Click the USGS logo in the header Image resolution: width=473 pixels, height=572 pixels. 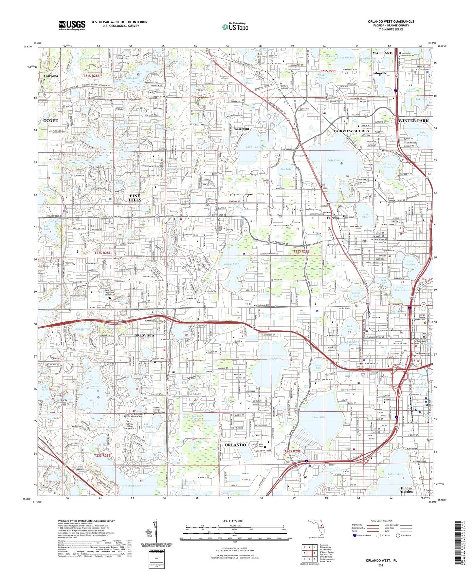point(72,25)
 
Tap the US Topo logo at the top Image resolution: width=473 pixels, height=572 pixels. point(235,27)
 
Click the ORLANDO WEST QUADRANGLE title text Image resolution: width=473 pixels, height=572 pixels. point(391,22)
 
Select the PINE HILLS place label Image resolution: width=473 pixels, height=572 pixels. point(135,198)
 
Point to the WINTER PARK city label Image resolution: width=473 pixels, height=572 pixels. point(413,121)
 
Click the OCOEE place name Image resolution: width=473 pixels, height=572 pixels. point(50,121)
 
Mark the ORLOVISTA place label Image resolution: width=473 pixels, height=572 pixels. point(144,335)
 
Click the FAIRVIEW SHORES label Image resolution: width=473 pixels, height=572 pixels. point(351,131)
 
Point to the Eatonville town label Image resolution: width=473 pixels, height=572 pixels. point(379,73)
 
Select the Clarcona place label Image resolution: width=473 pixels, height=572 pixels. point(51,76)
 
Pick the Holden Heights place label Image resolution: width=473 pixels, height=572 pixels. point(407,490)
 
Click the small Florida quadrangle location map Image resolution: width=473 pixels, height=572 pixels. point(316,528)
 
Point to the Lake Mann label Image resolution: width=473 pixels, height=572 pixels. point(274,359)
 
